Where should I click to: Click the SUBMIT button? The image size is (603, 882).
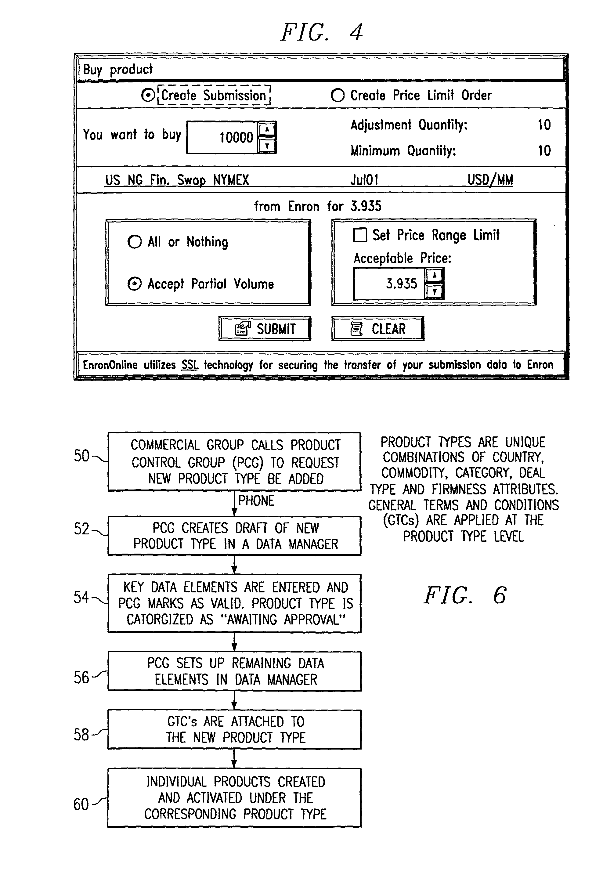pyautogui.click(x=265, y=329)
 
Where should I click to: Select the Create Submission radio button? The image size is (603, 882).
pyautogui.click(x=148, y=95)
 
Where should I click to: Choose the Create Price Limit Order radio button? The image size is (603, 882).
pyautogui.click(x=338, y=95)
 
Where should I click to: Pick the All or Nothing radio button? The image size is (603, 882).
pyautogui.click(x=134, y=241)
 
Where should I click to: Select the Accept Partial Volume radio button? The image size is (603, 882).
pyautogui.click(x=134, y=284)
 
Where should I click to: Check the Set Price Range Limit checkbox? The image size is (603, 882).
pyautogui.click(x=360, y=235)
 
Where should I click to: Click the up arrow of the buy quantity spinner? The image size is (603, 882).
pyautogui.click(x=267, y=129)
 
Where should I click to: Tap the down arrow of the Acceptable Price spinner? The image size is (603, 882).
pyautogui.click(x=435, y=291)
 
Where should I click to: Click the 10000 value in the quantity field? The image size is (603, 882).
pyautogui.click(x=236, y=137)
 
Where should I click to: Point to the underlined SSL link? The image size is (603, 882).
pyautogui.click(x=190, y=365)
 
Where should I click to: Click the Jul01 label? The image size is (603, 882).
pyautogui.click(x=364, y=179)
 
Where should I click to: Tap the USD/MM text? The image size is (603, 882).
pyautogui.click(x=490, y=180)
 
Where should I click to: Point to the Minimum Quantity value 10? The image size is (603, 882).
pyautogui.click(x=544, y=151)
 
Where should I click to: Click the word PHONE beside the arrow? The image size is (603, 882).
pyautogui.click(x=256, y=501)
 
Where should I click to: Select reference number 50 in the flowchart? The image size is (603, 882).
pyautogui.click(x=81, y=455)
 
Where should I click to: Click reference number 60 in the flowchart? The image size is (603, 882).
pyautogui.click(x=81, y=804)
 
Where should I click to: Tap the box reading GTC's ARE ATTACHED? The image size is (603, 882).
pyautogui.click(x=235, y=729)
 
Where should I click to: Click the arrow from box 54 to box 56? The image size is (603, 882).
pyautogui.click(x=235, y=642)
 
